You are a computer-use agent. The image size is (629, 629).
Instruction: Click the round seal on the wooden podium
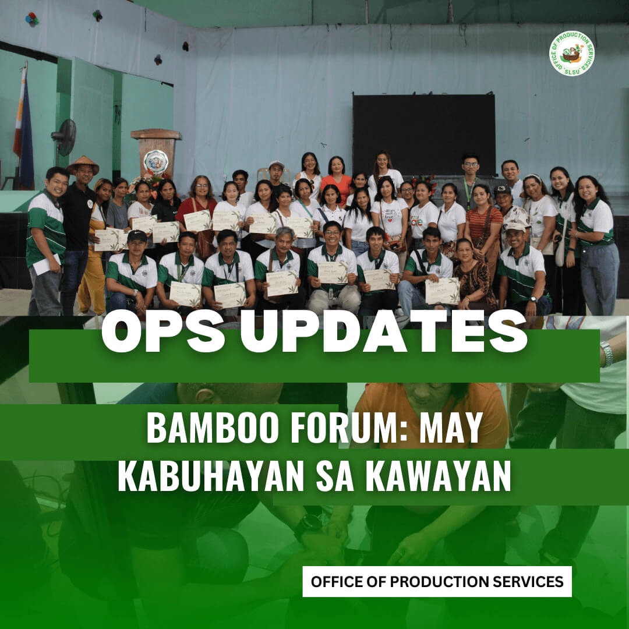[156, 161]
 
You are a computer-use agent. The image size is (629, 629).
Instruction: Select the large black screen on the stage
[423, 134]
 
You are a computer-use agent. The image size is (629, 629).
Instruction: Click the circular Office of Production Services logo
[572, 54]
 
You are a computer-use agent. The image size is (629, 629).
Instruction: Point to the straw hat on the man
[82, 164]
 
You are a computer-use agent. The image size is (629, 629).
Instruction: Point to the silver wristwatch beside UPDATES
[607, 353]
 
